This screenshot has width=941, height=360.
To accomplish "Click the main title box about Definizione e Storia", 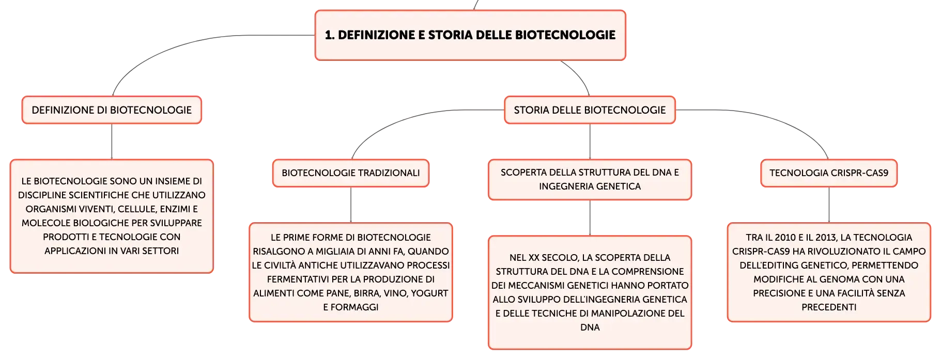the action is pyautogui.click(x=470, y=35).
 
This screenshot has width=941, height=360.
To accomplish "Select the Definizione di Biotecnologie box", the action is pyautogui.click(x=112, y=110).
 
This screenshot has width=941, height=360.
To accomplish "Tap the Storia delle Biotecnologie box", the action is pyautogui.click(x=590, y=110).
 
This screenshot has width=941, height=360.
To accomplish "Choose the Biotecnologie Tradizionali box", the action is pyautogui.click(x=351, y=173).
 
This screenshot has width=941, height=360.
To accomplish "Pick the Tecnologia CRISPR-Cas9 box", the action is pyautogui.click(x=829, y=173).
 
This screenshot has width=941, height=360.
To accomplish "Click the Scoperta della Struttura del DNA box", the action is pyautogui.click(x=590, y=179).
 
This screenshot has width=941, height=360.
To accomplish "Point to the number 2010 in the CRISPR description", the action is pyautogui.click(x=785, y=238).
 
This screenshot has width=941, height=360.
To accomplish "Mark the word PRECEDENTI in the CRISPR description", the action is pyautogui.click(x=829, y=307).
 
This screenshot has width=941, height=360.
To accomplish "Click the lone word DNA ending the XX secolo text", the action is pyautogui.click(x=590, y=327).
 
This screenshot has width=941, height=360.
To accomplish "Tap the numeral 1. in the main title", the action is pyautogui.click(x=330, y=35).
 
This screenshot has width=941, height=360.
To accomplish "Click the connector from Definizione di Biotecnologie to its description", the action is pyautogui.click(x=112, y=142).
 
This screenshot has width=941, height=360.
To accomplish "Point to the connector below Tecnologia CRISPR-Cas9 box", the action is pyautogui.click(x=829, y=205).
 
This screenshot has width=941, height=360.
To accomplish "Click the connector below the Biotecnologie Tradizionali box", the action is pyautogui.click(x=351, y=205).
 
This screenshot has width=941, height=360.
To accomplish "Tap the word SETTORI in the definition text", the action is pyautogui.click(x=160, y=251).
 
